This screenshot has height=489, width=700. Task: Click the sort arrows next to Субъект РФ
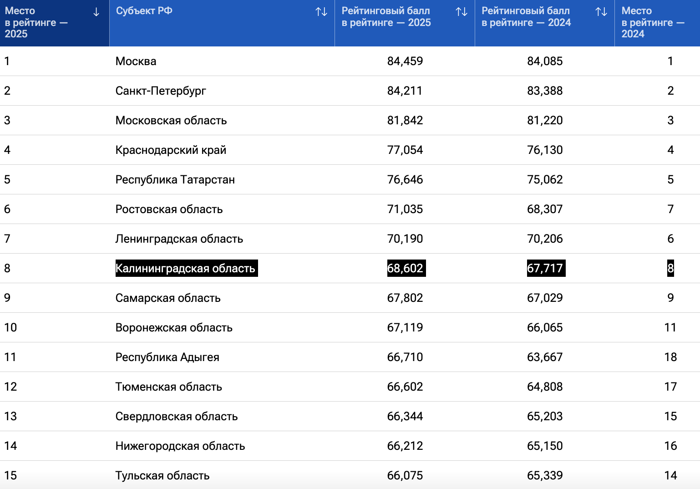[321, 12]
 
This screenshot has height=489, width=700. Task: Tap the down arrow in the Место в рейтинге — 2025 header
[96, 12]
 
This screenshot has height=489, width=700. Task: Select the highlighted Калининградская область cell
[186, 268]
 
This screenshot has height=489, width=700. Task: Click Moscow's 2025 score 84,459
[405, 61]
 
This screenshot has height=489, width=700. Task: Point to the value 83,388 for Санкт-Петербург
[544, 91]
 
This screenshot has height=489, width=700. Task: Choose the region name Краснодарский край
[171, 150]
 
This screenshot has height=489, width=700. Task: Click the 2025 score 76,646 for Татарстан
[405, 179]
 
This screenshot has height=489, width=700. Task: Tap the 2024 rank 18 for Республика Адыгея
[670, 357]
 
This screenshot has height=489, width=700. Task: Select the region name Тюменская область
[168, 387]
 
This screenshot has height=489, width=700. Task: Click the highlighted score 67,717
[545, 268]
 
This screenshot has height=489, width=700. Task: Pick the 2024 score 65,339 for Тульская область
[544, 475]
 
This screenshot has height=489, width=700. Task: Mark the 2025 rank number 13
[10, 416]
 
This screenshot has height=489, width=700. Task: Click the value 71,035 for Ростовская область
[405, 209]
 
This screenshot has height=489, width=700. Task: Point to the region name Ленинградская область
[179, 239]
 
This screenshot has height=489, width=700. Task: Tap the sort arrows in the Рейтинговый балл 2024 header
[601, 12]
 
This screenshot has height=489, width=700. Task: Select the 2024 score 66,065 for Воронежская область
[544, 327]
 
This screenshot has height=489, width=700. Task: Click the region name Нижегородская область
[180, 446]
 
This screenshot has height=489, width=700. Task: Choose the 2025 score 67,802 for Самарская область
[405, 298]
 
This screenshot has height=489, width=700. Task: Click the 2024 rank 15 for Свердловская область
[670, 416]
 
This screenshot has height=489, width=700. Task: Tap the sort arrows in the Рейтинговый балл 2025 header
[462, 12]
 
